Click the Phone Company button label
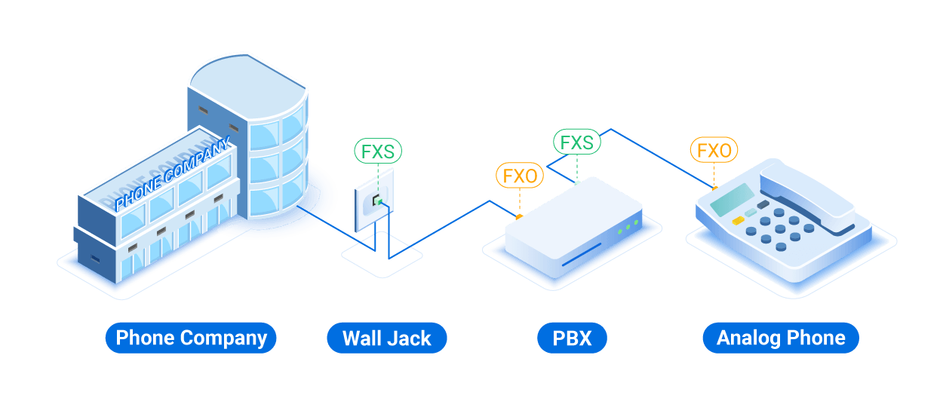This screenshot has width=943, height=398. point(191,338)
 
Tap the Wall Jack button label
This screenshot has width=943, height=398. point(386,338)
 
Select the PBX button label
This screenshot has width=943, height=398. point(571,338)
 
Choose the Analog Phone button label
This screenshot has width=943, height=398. point(781,338)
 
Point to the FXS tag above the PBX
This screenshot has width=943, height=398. point(577,142)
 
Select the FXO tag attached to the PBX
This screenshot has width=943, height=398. point(520,176)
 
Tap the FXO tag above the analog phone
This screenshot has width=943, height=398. point(714,151)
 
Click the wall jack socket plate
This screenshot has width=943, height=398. point(376,201)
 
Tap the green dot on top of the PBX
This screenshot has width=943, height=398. point(577,182)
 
